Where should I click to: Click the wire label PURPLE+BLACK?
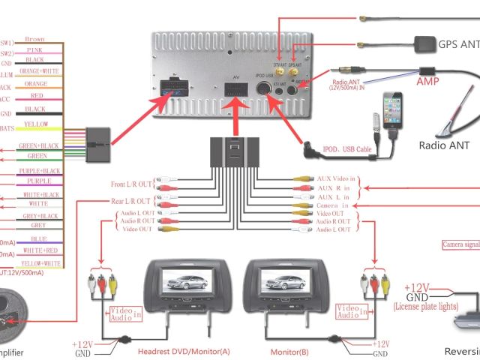click(38, 171)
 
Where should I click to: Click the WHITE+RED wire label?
click(39, 250)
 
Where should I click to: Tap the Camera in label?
click(332, 204)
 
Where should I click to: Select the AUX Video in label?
click(338, 179)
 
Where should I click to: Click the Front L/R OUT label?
click(130, 184)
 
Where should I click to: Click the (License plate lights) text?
click(427, 306)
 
